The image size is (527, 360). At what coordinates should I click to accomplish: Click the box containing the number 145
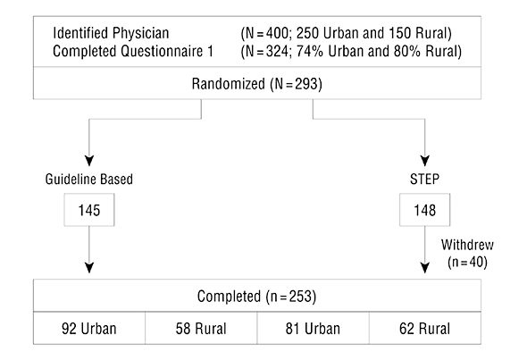[89, 210]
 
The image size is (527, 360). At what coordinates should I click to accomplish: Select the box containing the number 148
[424, 210]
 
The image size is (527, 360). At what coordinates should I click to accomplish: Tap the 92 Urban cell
[89, 328]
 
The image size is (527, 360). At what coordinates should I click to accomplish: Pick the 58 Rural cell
[201, 328]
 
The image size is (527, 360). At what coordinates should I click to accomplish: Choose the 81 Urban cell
[313, 328]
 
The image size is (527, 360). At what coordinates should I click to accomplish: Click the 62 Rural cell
[425, 328]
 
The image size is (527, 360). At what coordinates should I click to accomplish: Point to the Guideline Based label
[89, 179]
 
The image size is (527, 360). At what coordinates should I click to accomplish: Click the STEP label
[424, 179]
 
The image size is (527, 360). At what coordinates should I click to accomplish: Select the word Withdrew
[467, 245]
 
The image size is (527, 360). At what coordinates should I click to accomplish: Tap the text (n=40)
[467, 262]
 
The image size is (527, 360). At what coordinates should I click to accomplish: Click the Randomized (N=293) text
[257, 84]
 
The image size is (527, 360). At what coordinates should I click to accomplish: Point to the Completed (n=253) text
[256, 297]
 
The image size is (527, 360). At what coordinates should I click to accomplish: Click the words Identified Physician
[111, 33]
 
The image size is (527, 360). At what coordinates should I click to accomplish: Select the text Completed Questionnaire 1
[133, 51]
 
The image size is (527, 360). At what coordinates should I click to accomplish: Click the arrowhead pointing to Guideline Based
[89, 161]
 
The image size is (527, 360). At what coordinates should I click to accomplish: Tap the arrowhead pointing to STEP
[425, 161]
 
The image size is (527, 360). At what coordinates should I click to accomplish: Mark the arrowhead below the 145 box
[89, 268]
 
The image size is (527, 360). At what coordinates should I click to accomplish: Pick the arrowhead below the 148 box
[425, 268]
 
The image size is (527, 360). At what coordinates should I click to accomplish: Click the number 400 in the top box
[277, 33]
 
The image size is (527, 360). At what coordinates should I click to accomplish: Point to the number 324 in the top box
[277, 51]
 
